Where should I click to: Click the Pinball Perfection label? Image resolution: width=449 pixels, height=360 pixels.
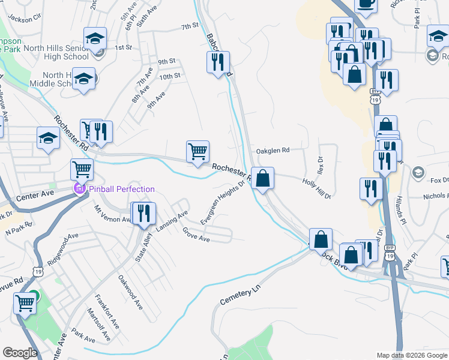click(x=122, y=189)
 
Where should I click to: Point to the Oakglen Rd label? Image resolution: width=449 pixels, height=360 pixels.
click(x=273, y=151)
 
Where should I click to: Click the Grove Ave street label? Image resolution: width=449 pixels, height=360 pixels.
click(x=196, y=235)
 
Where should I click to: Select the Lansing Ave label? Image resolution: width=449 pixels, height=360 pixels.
click(x=172, y=221)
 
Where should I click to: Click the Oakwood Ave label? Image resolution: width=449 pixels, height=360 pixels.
click(x=130, y=292)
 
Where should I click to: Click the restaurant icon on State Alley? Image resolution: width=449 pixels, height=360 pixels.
click(x=143, y=214)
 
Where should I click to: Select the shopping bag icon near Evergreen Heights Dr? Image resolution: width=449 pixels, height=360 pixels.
click(x=262, y=178)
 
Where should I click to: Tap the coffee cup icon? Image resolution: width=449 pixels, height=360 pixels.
click(x=366, y=3)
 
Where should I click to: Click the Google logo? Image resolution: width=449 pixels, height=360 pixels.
click(x=20, y=353)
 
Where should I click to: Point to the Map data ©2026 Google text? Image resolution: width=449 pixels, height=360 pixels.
click(x=411, y=355)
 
